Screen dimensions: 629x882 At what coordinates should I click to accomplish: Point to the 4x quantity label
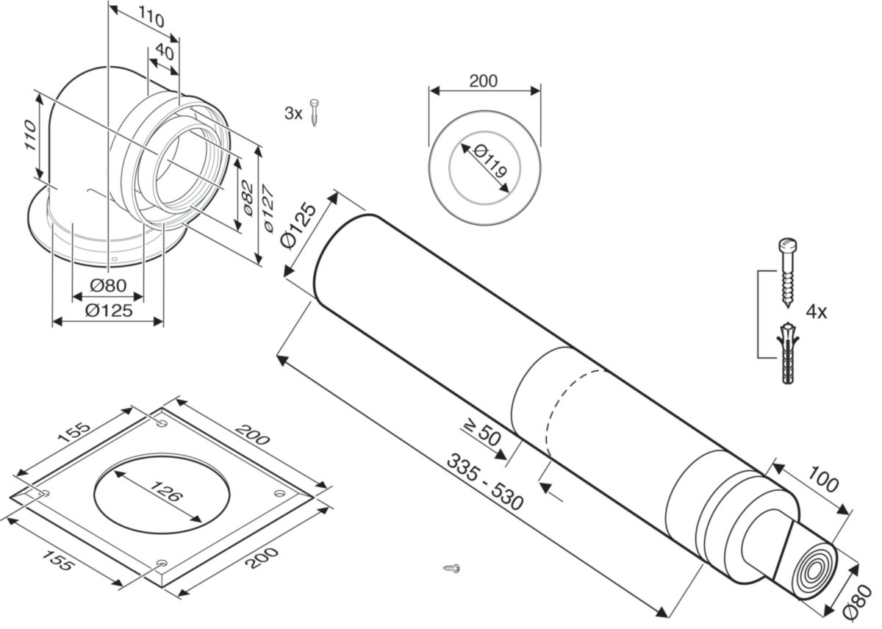point(816,312)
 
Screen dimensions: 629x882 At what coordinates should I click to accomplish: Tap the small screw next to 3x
point(314,112)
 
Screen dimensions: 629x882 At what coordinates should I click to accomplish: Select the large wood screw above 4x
point(787,272)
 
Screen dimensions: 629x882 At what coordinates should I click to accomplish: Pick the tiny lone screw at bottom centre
point(451,567)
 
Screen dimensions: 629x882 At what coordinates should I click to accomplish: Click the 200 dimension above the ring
point(483,81)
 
